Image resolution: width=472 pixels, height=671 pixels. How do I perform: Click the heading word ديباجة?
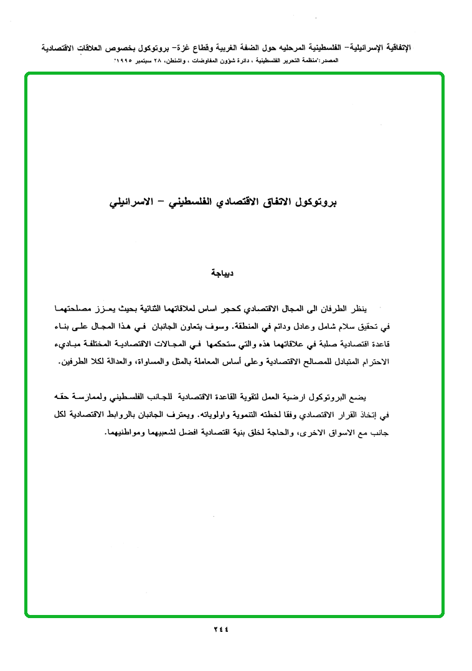(222, 273)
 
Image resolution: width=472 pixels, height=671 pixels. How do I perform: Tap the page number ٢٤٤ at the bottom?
(221, 629)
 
